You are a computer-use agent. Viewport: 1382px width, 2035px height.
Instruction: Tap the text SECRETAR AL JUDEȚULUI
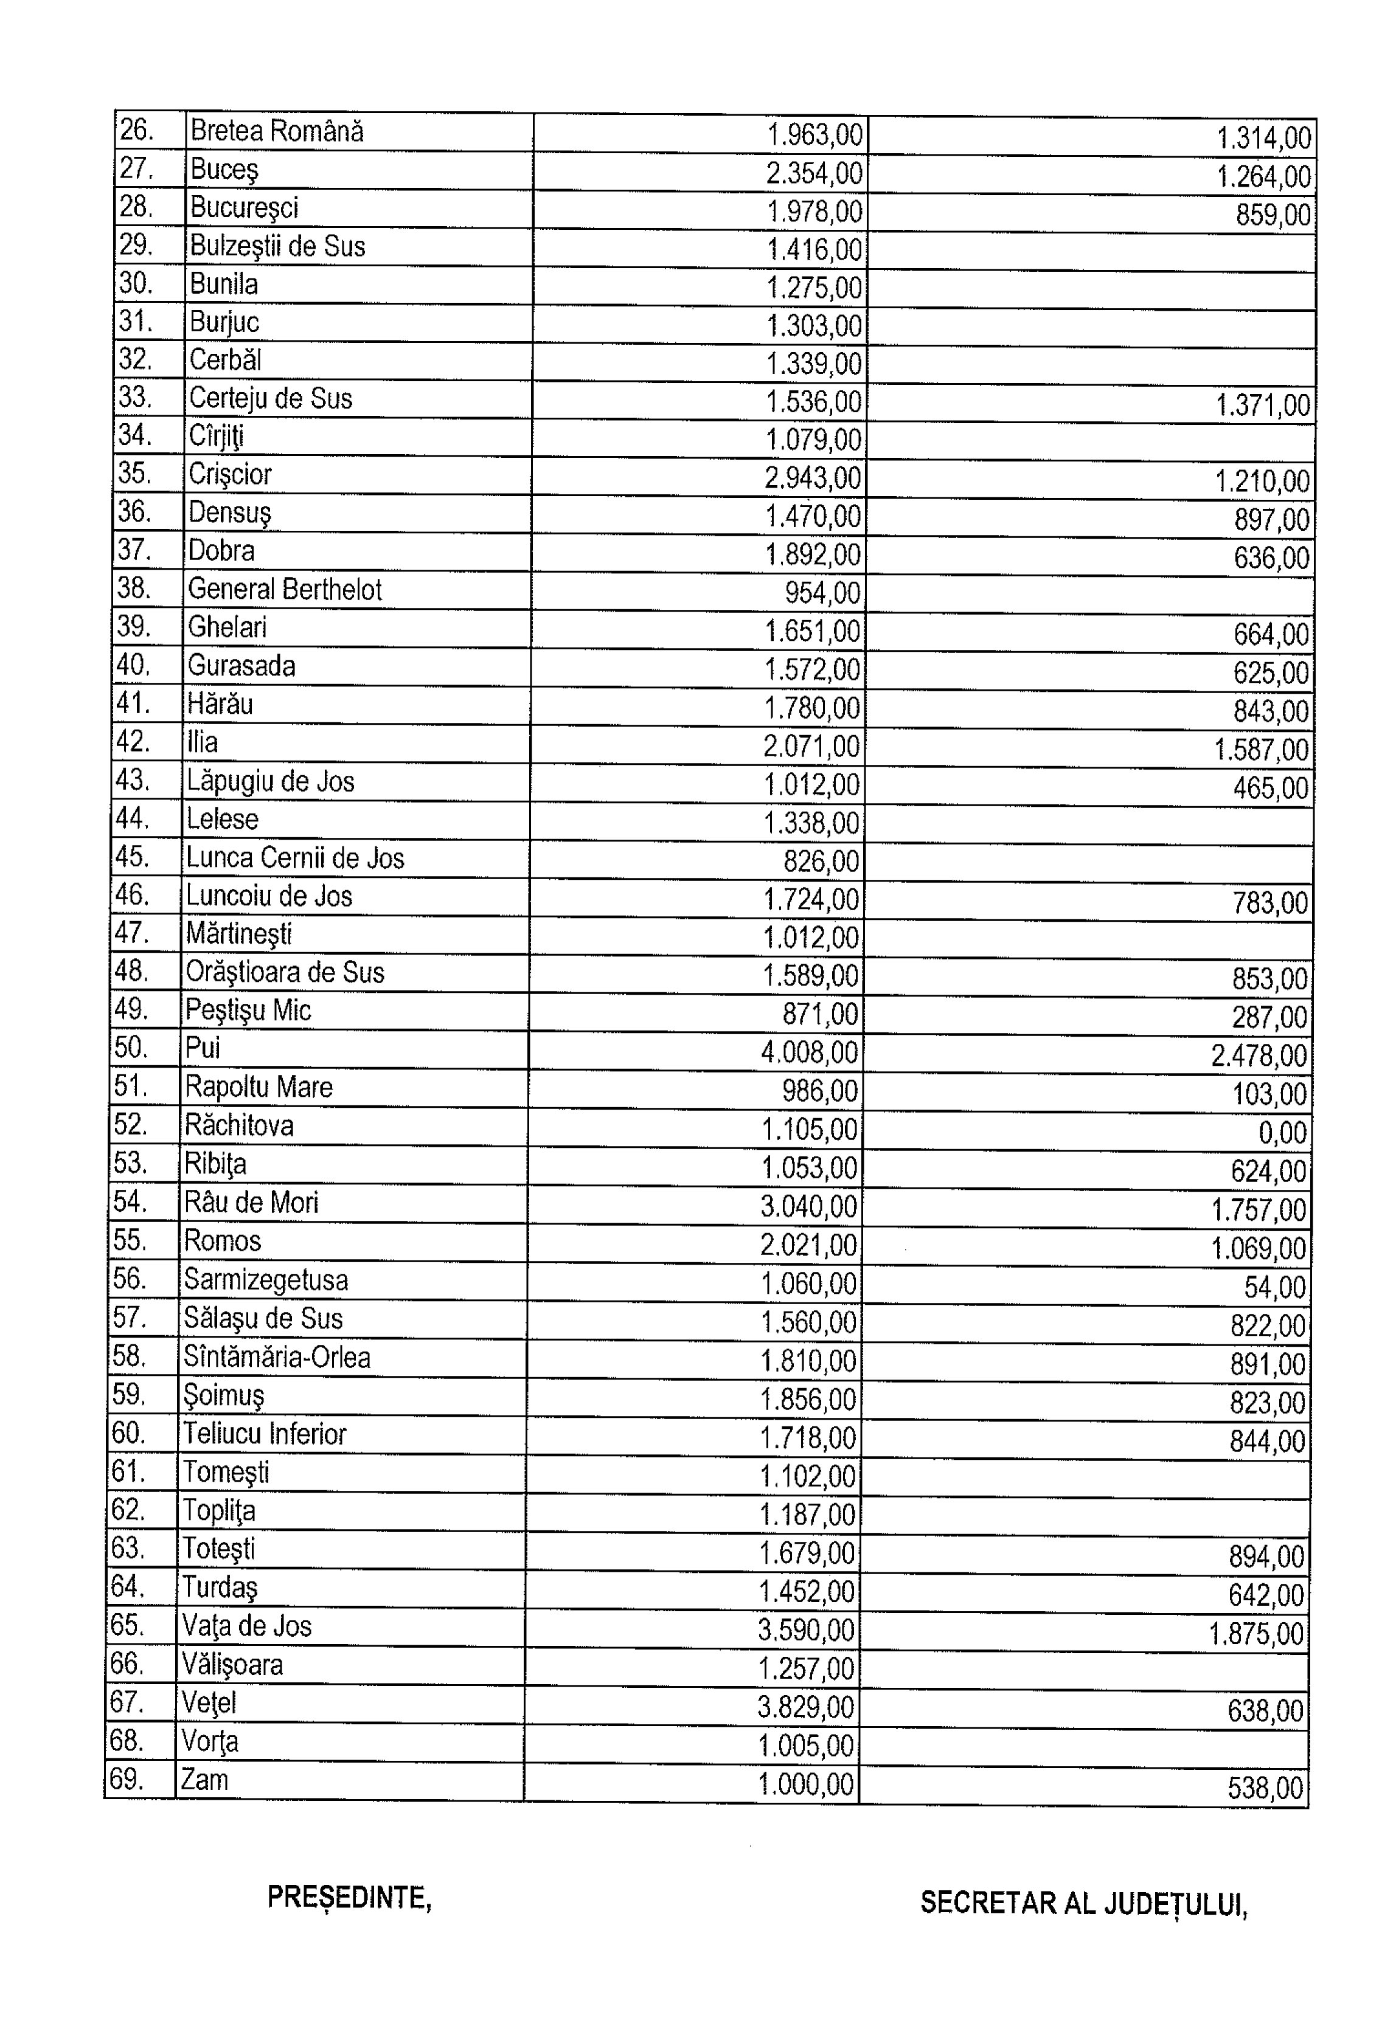pos(1083,1903)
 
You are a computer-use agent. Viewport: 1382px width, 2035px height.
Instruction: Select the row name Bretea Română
pos(276,131)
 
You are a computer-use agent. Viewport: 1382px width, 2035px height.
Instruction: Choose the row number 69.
pos(127,1779)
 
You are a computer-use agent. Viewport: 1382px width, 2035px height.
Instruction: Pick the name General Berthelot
pos(285,589)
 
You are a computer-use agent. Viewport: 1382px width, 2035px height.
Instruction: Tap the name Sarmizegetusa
pos(265,1280)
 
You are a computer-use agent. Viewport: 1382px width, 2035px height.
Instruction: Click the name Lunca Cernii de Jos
pos(295,858)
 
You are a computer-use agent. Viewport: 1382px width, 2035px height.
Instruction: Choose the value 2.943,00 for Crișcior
pos(813,478)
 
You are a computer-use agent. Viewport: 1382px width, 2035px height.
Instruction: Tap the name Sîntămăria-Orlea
pos(277,1357)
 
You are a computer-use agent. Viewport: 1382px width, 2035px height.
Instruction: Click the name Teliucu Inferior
pos(265,1434)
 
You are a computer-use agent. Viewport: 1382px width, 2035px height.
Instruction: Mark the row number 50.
pos(131,1047)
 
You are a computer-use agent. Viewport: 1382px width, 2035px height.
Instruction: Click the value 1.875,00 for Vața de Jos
pos(1257,1634)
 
